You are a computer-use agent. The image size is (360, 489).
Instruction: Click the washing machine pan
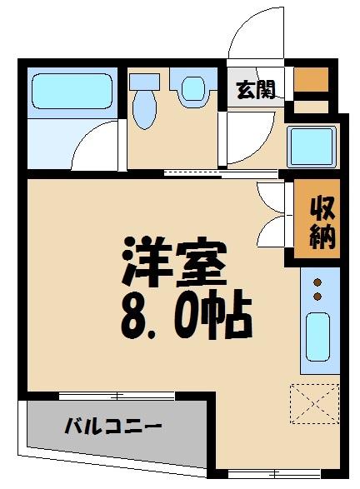pyautogui.click(x=312, y=147)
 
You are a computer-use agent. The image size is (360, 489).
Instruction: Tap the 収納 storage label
pyautogui.click(x=322, y=222)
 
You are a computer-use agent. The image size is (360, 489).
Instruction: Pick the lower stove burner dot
pyautogui.click(x=317, y=297)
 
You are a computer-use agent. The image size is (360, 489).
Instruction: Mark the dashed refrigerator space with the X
pyautogui.click(x=315, y=403)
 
